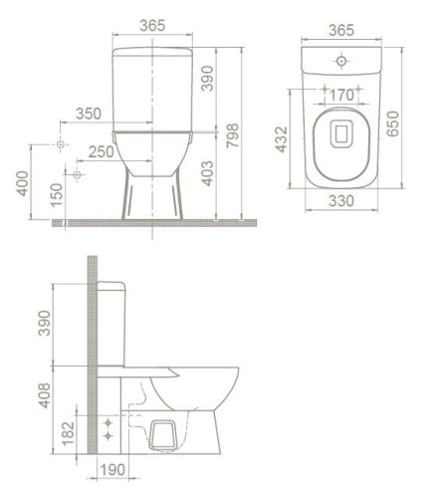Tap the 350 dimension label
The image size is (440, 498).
pos(89,114)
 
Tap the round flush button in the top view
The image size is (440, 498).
pos(341,62)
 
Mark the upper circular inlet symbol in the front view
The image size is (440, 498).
pos(62,145)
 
